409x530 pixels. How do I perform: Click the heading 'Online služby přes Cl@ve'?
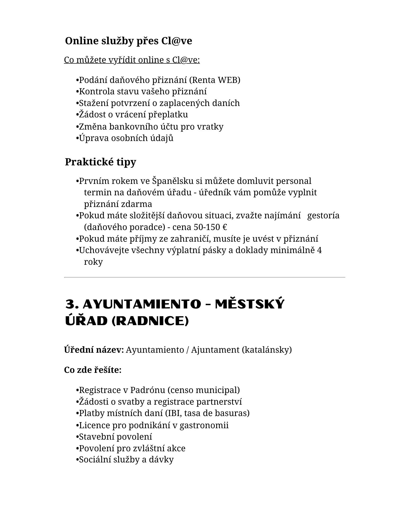[128, 41]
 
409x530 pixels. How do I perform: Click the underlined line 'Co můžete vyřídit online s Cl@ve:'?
[132, 60]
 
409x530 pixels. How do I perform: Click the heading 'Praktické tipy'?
[100, 162]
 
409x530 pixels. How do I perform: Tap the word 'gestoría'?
[323, 215]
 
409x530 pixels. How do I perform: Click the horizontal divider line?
[204, 277]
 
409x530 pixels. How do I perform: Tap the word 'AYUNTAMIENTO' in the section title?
[142, 304]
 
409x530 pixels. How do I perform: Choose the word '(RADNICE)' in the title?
[150, 321]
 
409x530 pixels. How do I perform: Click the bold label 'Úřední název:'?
[94, 350]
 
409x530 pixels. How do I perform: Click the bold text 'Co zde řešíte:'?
[93, 370]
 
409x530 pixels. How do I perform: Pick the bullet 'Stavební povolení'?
[115, 436]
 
